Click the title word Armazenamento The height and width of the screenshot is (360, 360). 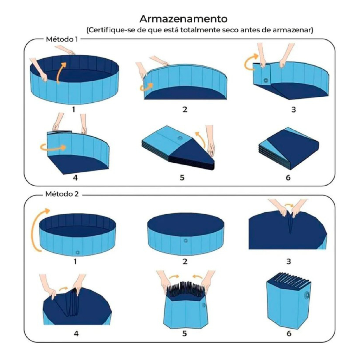pyautogui.click(x=184, y=19)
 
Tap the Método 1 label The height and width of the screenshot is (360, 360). pyautogui.click(x=62, y=39)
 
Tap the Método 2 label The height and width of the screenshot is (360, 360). pyautogui.click(x=62, y=194)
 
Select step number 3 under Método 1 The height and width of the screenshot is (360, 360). pyautogui.click(x=294, y=110)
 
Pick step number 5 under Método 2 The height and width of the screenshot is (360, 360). pyautogui.click(x=184, y=333)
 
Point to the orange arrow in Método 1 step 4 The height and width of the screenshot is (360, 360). pyautogui.click(x=53, y=147)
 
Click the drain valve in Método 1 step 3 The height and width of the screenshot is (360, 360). pyautogui.click(x=266, y=81)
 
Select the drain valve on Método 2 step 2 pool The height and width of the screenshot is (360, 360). pyautogui.click(x=186, y=240)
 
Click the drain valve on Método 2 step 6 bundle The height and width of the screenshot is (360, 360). pyautogui.click(x=307, y=295)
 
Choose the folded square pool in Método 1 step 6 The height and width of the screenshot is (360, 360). pyautogui.click(x=289, y=148)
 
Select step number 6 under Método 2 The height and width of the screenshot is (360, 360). pyautogui.click(x=289, y=333)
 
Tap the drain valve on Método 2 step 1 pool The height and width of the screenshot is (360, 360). pyautogui.click(x=78, y=252)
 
